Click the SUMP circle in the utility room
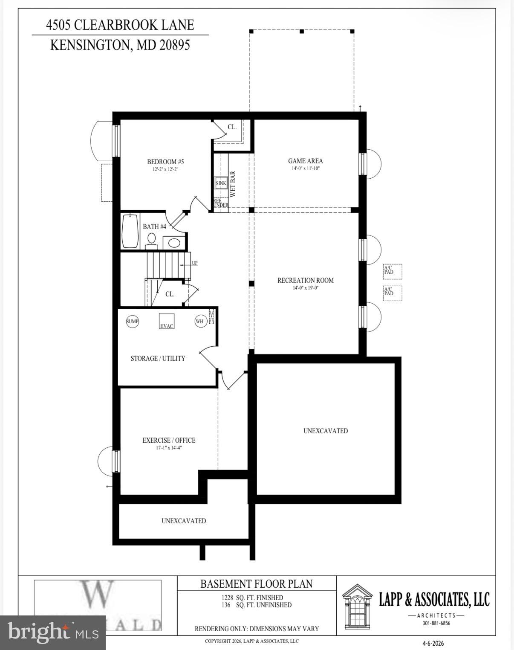(133, 321)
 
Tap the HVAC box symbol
(167, 321)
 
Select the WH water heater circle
(200, 321)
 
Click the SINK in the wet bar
(221, 183)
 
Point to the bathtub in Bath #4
(130, 232)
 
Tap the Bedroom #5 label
(165, 162)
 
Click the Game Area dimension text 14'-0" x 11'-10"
(305, 168)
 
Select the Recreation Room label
(305, 280)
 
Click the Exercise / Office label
(169, 440)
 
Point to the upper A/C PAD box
(392, 271)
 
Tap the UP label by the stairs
(194, 263)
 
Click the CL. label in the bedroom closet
(232, 127)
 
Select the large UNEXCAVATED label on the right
(326, 431)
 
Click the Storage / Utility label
(158, 358)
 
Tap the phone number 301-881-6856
(436, 623)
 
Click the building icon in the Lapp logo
(357, 605)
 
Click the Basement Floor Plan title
(257, 583)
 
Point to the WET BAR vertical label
(233, 184)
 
